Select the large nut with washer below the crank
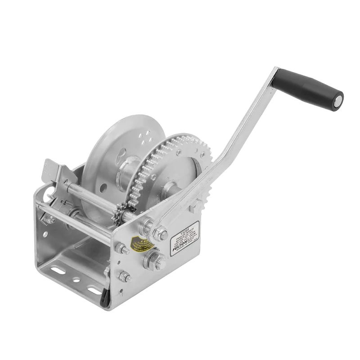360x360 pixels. [x=153, y=261]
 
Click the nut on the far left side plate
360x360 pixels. [x=48, y=219]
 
